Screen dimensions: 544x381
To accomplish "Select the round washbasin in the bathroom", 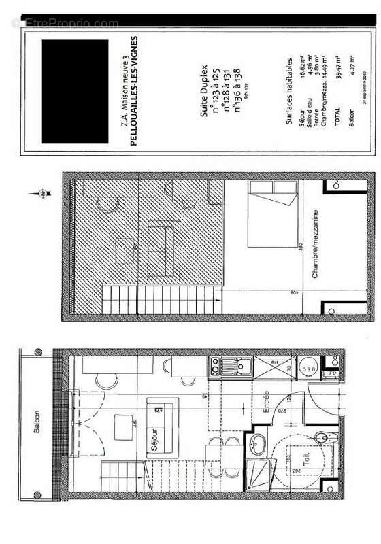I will tap(259, 446).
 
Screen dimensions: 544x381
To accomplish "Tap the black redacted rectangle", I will tap(75, 91).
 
